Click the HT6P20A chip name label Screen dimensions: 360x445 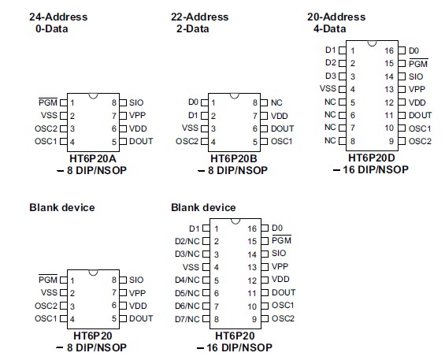coord(92,158)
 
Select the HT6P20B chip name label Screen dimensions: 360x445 coord(232,158)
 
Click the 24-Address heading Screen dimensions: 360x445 coord(58,17)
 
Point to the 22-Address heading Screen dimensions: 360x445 coord(200,17)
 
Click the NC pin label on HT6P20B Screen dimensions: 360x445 coord(276,102)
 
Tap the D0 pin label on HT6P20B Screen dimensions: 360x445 coord(194,102)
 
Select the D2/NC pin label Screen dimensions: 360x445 coord(187,241)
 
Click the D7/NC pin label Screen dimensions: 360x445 coord(187,319)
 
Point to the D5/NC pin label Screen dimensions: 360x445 coord(187,293)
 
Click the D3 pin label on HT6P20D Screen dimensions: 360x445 coord(331,76)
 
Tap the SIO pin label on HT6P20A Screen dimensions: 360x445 coord(136,102)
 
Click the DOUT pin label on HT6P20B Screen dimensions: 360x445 coord(282,128)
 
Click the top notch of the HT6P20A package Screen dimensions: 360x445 coord(93,96)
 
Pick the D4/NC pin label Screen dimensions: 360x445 coord(187,280)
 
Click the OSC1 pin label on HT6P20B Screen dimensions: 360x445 coord(282,141)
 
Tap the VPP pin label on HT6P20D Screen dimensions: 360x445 coord(415,89)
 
